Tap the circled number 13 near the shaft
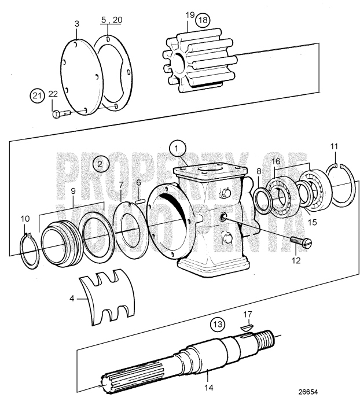pyautogui.click(x=216, y=323)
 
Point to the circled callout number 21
pyautogui.click(x=37, y=95)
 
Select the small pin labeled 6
pyautogui.click(x=140, y=201)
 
